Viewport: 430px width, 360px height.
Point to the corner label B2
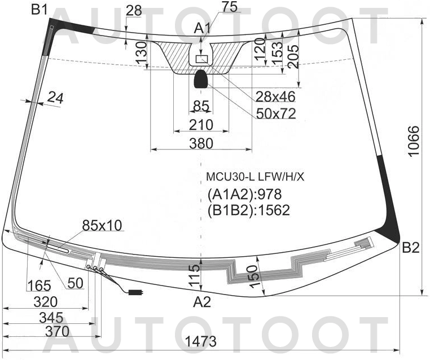[410, 247]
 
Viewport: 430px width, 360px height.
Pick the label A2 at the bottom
[201, 302]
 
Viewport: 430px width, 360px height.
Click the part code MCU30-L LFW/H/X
[255, 177]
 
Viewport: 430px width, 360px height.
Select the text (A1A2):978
[244, 195]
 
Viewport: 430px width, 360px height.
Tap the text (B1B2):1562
[248, 210]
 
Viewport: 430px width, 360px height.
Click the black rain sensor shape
[201, 80]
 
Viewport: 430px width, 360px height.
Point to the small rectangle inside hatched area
[201, 59]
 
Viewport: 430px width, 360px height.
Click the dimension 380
[201, 143]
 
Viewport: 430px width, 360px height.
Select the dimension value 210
[201, 124]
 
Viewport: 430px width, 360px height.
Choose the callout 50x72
[276, 113]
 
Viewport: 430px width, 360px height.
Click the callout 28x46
[276, 96]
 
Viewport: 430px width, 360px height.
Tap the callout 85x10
[102, 225]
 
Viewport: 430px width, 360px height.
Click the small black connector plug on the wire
[135, 292]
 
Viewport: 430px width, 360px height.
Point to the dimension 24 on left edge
[55, 98]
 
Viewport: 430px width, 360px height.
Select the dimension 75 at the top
[214, 7]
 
